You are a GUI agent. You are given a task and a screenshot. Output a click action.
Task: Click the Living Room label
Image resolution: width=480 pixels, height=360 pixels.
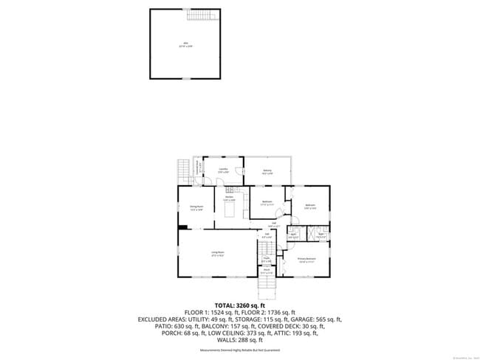tap(218, 253)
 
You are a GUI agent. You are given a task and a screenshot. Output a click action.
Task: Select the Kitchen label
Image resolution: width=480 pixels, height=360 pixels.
tap(230, 199)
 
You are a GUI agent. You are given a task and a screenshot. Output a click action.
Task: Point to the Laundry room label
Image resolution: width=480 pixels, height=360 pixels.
tap(222, 170)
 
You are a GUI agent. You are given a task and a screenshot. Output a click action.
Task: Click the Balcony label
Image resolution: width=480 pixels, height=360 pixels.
tap(267, 171)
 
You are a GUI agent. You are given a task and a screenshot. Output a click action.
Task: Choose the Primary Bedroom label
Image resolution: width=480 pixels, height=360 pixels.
tap(306, 259)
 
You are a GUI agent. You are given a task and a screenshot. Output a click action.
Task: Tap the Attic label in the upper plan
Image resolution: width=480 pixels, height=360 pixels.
tap(185, 44)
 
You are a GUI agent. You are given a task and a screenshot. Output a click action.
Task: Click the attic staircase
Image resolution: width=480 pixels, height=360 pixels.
tap(199, 15)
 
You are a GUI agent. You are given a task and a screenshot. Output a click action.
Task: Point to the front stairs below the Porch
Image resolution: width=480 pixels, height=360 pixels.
tap(267, 283)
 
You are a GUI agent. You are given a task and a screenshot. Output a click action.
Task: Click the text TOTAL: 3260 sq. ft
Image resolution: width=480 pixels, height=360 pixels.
tap(240, 305)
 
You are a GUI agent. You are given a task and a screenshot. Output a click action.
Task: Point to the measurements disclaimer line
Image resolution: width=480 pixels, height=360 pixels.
tap(240, 351)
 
